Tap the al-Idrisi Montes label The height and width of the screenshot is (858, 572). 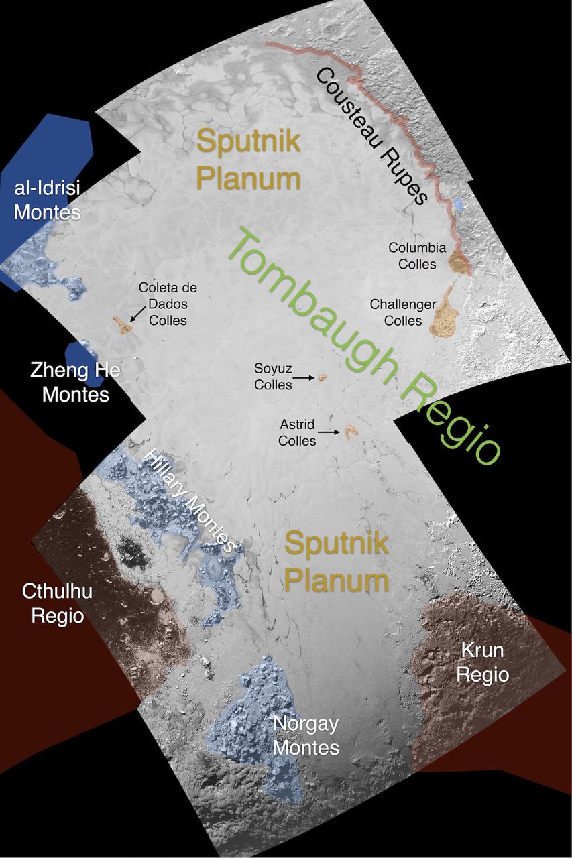[x=47, y=200]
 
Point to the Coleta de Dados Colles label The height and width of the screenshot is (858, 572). [x=168, y=304]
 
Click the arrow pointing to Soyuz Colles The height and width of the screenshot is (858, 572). [x=305, y=378]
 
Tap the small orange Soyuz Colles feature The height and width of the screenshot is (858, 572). [x=322, y=377]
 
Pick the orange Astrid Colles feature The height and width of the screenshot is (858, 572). [x=350, y=431]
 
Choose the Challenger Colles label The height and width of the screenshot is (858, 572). [x=403, y=312]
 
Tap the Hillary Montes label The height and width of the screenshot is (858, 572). [x=192, y=499]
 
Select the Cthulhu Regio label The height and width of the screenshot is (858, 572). [x=57, y=603]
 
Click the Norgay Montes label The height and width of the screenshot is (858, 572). [x=305, y=735]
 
